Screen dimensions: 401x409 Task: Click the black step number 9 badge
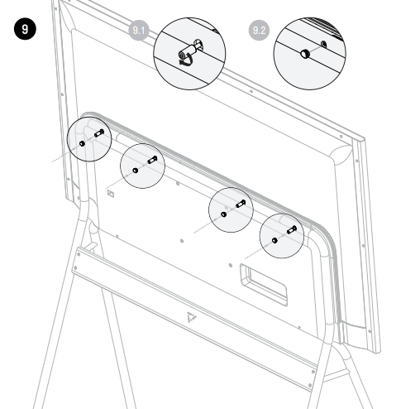click(x=25, y=29)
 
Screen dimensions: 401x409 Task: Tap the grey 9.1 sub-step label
click(x=139, y=30)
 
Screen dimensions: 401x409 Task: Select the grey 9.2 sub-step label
click(x=259, y=30)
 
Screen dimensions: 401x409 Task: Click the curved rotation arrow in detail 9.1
click(x=186, y=61)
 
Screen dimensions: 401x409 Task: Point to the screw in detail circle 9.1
click(x=190, y=51)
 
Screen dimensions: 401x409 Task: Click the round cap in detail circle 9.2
click(x=305, y=54)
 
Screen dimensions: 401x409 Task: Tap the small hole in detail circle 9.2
click(x=324, y=44)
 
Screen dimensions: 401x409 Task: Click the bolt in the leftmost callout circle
click(x=99, y=133)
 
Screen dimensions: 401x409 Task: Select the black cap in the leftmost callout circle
click(x=82, y=143)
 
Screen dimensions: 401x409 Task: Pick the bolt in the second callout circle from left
click(x=152, y=160)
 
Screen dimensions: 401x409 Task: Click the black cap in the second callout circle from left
click(x=136, y=171)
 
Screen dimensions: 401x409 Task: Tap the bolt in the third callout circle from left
click(x=241, y=204)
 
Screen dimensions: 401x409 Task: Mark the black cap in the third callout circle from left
click(x=224, y=214)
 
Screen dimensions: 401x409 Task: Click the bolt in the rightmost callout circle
click(x=292, y=229)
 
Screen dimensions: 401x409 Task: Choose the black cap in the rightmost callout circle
click(x=274, y=240)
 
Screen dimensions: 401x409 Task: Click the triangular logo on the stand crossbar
click(x=191, y=317)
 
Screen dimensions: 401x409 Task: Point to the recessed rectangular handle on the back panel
click(x=264, y=285)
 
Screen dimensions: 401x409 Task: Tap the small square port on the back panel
click(x=111, y=194)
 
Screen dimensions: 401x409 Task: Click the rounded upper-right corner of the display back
click(x=341, y=153)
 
